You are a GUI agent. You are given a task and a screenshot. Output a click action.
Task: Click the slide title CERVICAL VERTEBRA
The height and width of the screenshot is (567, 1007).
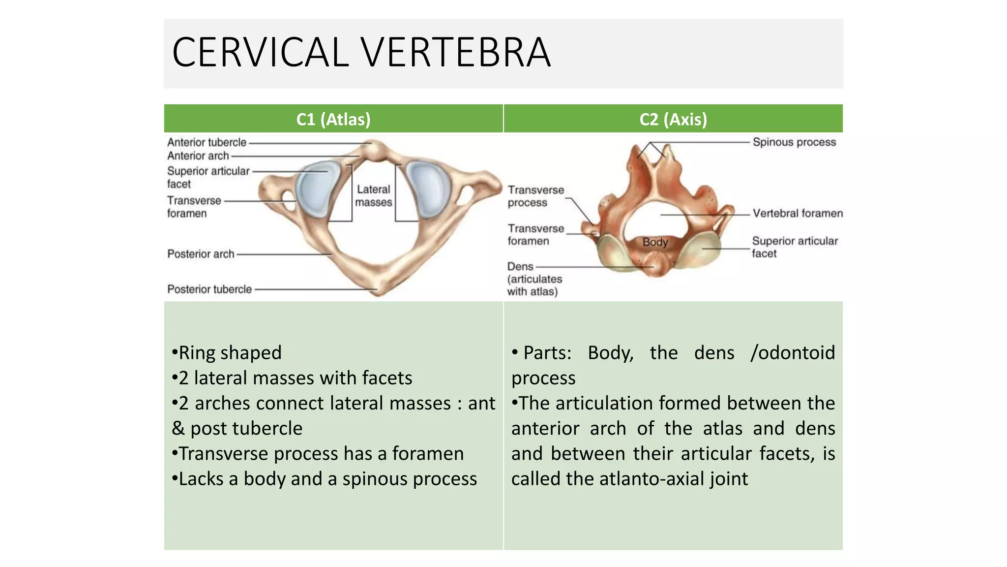[x=361, y=53]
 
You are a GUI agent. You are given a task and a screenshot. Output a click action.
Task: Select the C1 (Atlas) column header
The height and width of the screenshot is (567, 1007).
[x=333, y=119]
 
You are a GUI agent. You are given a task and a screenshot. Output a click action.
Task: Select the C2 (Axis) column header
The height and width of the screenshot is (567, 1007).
[x=673, y=119]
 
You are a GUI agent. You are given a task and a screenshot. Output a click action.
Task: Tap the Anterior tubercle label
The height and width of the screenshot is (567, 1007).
[x=207, y=142]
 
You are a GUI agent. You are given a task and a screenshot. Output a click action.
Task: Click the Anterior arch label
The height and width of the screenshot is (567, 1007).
[x=198, y=156]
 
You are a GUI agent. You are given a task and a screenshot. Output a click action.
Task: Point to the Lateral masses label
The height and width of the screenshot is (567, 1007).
[x=374, y=196]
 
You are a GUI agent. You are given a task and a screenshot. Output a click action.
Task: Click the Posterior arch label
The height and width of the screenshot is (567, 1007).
[x=201, y=254]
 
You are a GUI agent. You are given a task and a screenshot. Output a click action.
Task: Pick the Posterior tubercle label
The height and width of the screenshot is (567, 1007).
[x=209, y=289]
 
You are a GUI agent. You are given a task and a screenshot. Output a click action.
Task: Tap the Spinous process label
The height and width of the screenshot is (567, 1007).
[x=794, y=142]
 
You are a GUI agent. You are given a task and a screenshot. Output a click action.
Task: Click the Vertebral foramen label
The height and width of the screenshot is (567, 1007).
[x=798, y=214]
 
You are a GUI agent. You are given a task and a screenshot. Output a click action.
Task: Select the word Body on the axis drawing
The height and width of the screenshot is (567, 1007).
[x=655, y=242]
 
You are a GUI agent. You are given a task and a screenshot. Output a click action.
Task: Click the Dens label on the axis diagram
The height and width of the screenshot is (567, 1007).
[x=520, y=267]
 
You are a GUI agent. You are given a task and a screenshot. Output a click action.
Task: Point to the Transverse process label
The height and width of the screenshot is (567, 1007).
[x=535, y=196]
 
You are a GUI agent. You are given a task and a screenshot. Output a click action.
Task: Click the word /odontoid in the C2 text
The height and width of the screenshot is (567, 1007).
[x=793, y=353]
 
